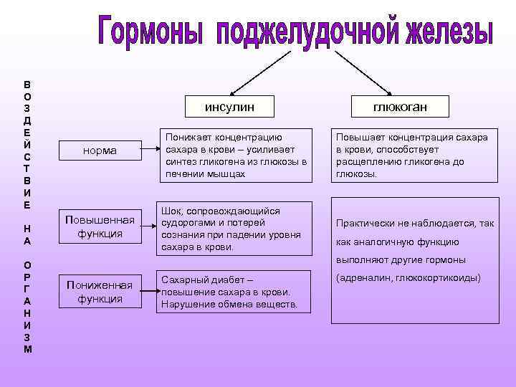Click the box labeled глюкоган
400,107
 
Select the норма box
100,150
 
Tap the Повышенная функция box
100,226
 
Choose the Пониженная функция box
100,292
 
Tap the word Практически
365,224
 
